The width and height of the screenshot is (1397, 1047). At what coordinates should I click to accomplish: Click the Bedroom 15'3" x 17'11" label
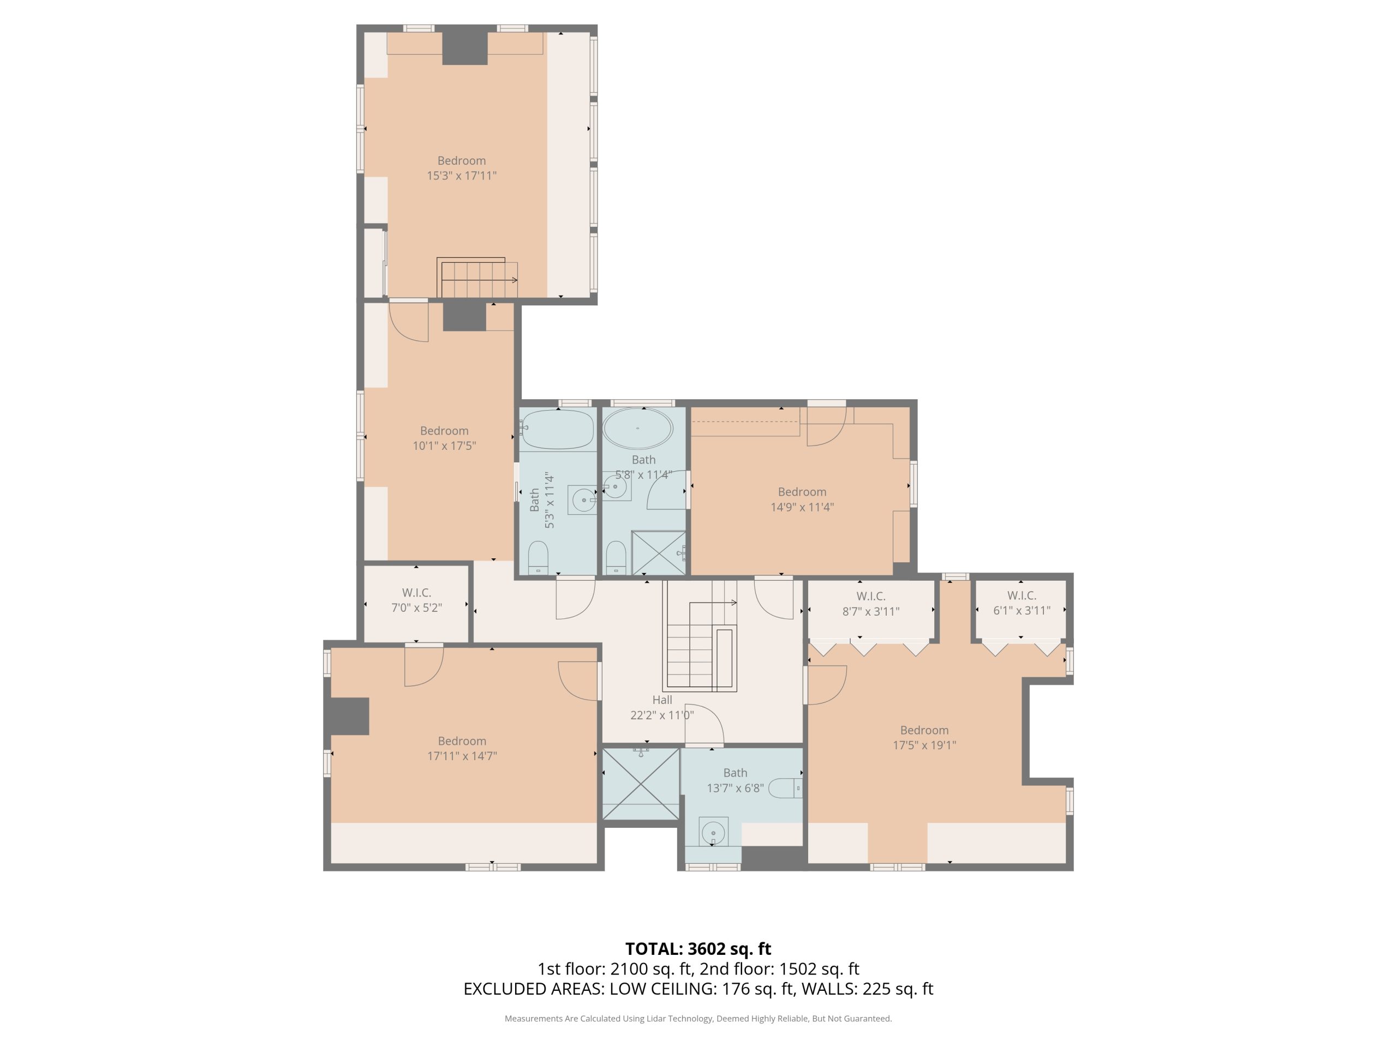click(x=462, y=168)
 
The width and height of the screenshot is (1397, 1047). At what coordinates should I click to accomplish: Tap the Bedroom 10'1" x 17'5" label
click(x=444, y=438)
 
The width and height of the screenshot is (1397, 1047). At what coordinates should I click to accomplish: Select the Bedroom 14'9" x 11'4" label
click(x=802, y=499)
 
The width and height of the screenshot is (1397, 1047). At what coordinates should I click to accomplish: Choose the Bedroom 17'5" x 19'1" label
click(x=924, y=737)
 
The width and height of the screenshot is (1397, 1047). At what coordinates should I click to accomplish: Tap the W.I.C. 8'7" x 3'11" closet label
click(x=871, y=603)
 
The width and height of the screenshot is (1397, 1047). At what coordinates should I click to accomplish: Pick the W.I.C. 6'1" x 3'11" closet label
click(x=1021, y=603)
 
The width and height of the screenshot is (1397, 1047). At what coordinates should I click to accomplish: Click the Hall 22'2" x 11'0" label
click(x=662, y=707)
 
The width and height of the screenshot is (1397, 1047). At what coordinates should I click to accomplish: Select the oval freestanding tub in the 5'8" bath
click(x=638, y=429)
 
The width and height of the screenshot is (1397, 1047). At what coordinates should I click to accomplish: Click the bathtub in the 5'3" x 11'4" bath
click(x=558, y=430)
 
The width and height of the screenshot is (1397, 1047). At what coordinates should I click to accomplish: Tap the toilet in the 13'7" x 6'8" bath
click(x=785, y=788)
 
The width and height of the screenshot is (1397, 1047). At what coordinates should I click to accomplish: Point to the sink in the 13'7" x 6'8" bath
click(x=714, y=833)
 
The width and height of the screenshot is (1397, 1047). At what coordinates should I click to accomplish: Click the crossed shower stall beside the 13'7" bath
click(x=641, y=784)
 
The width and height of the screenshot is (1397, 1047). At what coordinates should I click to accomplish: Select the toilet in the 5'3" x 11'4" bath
click(x=538, y=557)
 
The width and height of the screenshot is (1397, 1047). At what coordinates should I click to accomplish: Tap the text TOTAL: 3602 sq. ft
click(x=698, y=948)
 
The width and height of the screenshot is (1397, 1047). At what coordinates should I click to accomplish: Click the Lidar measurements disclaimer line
click(x=698, y=1018)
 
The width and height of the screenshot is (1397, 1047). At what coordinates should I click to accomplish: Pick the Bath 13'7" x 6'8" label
click(x=735, y=780)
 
